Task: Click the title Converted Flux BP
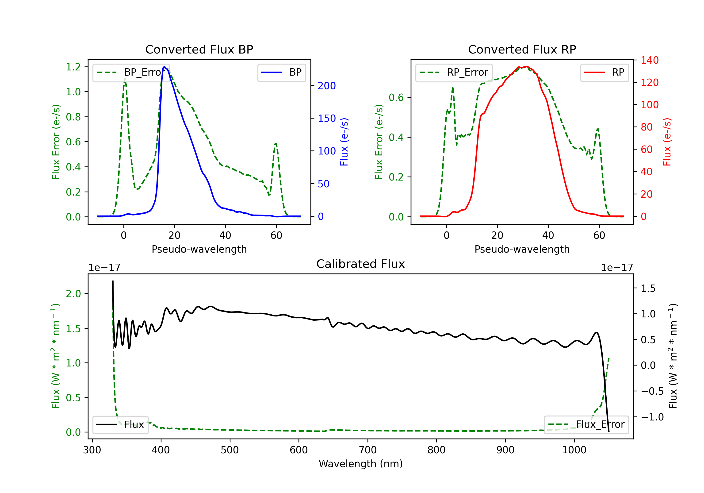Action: pyautogui.click(x=199, y=49)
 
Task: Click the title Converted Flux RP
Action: pyautogui.click(x=522, y=49)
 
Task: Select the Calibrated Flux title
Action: pyautogui.click(x=361, y=264)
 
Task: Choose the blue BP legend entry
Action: pyautogui.click(x=281, y=72)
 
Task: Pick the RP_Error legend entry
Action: pyautogui.click(x=454, y=72)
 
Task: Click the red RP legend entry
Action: pyautogui.click(x=604, y=72)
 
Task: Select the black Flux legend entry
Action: pyautogui.click(x=120, y=425)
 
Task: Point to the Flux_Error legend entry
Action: pyautogui.click(x=586, y=425)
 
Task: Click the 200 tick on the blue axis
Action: pyautogui.click(x=327, y=86)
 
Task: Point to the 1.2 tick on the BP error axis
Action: pyautogui.click(x=73, y=67)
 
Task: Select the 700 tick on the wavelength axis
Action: pyautogui.click(x=368, y=450)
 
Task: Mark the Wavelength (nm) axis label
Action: pyautogui.click(x=361, y=464)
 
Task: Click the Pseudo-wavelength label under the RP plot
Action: pyautogui.click(x=522, y=249)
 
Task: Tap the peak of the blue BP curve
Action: pyautogui.click(x=164, y=67)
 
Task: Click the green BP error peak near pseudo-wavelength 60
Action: pyautogui.click(x=276, y=144)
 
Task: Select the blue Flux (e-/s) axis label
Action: pyautogui.click(x=344, y=142)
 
